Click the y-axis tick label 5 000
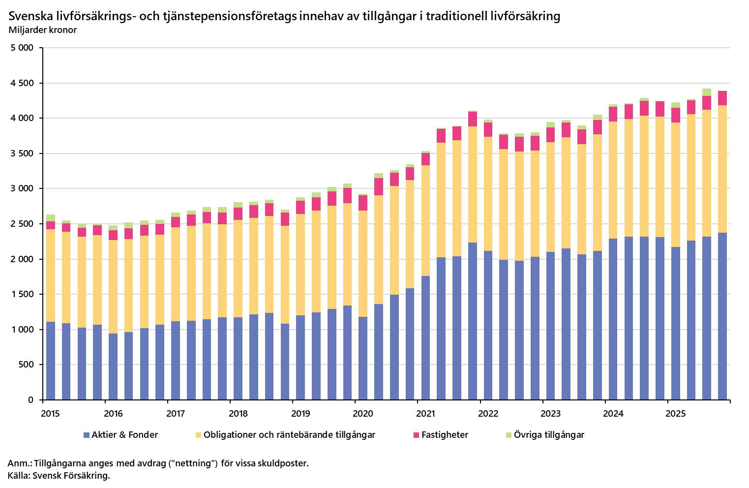pos(22,48)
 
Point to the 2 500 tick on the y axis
pos(22,224)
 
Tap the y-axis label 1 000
pos(22,330)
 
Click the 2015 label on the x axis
pos(50,414)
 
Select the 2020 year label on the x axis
pos(363,414)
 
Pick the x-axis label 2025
pos(676,414)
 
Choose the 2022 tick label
pos(488,414)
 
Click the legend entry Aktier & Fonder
pos(124,435)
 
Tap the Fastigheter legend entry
pos(445,435)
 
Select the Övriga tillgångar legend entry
pos(549,435)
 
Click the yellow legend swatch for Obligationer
pos(199,435)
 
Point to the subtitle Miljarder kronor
pos(42,30)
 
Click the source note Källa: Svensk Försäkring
pos(59,476)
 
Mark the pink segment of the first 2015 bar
pos(51,225)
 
